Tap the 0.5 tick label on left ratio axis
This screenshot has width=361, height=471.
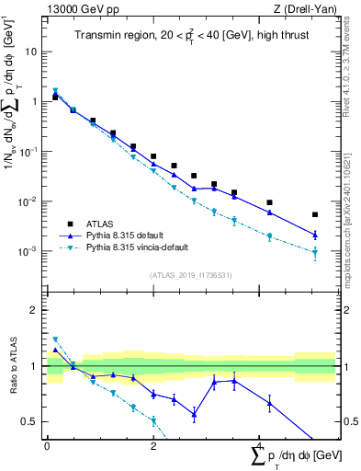coord(32,422)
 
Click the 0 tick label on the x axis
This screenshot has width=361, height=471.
coord(47,447)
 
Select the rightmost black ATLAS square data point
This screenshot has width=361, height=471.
coord(315,214)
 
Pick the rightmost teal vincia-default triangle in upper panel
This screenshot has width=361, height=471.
coord(315,253)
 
